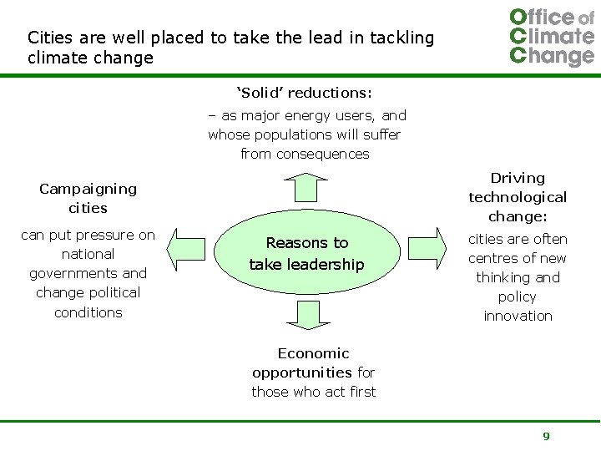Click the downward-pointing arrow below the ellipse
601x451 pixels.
click(x=306, y=314)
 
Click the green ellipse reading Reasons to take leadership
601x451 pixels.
click(x=306, y=253)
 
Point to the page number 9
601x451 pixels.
click(x=546, y=436)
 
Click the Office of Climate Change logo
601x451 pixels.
click(x=551, y=37)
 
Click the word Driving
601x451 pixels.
click(x=518, y=178)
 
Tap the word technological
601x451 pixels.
click(x=518, y=197)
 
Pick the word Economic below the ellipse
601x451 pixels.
click(x=314, y=353)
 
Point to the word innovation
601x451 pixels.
click(x=518, y=316)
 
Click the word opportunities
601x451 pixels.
click(x=301, y=372)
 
